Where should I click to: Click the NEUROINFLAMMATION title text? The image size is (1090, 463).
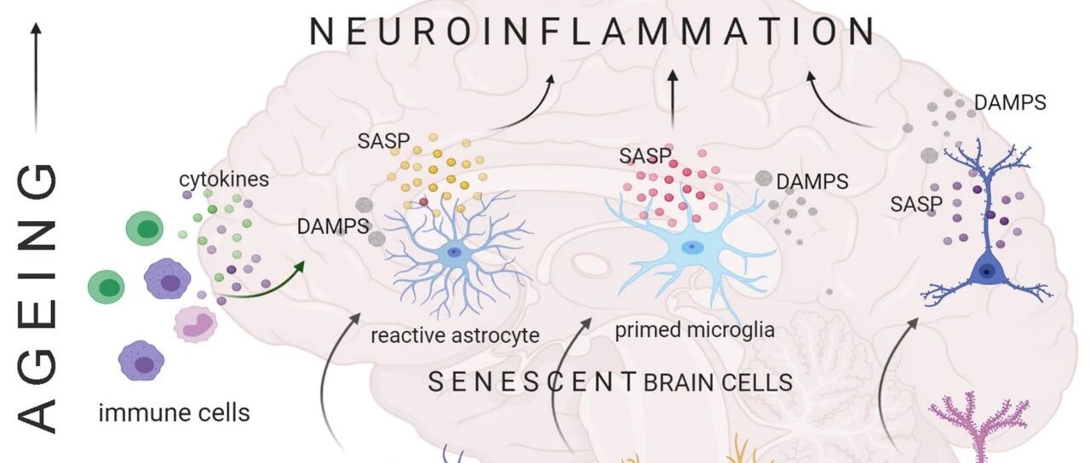[x=592, y=31]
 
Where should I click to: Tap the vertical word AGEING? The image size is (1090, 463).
[x=37, y=298]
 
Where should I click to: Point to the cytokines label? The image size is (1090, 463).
[x=224, y=179]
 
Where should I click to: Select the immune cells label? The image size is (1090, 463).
[x=175, y=413]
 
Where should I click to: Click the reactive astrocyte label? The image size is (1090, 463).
[x=455, y=335]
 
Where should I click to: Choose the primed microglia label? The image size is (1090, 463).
[x=694, y=330]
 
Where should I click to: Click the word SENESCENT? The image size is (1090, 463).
[x=532, y=382]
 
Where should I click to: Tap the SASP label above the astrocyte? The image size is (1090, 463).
[x=383, y=141]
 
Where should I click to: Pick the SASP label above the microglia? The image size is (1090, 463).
[x=645, y=156]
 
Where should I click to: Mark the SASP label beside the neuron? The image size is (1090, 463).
[x=916, y=204]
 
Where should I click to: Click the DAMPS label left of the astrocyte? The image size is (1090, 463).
[x=333, y=226]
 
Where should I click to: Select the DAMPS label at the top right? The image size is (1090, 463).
[x=1010, y=103]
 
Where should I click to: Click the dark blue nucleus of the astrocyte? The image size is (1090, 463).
[x=455, y=252]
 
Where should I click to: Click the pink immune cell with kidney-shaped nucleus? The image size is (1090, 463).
[x=196, y=324]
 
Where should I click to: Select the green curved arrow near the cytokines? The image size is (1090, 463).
[x=261, y=287]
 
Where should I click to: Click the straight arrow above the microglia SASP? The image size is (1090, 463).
[x=673, y=100]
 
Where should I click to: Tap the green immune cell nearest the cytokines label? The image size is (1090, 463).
[x=145, y=228]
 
